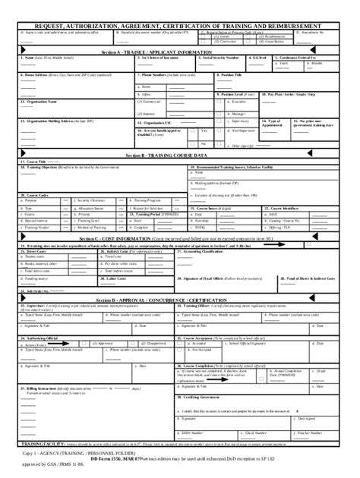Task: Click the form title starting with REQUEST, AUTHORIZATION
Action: click(180, 25)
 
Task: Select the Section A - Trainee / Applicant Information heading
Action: click(180, 52)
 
